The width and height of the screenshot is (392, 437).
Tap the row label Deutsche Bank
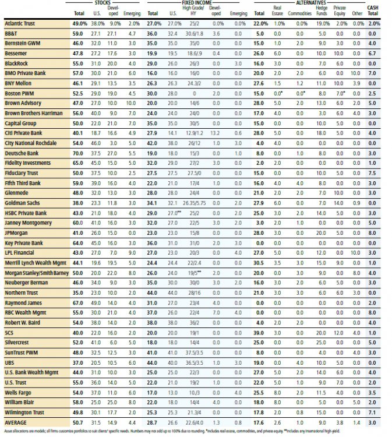tap(20, 153)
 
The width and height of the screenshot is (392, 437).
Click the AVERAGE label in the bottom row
tap(15, 422)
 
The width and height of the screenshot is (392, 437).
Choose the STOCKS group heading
tap(103, 3)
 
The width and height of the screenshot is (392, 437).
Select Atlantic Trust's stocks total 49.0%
tap(79, 23)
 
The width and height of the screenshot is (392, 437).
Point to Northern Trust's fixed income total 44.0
tap(153, 292)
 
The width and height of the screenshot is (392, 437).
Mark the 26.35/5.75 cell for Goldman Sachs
tap(192, 203)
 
